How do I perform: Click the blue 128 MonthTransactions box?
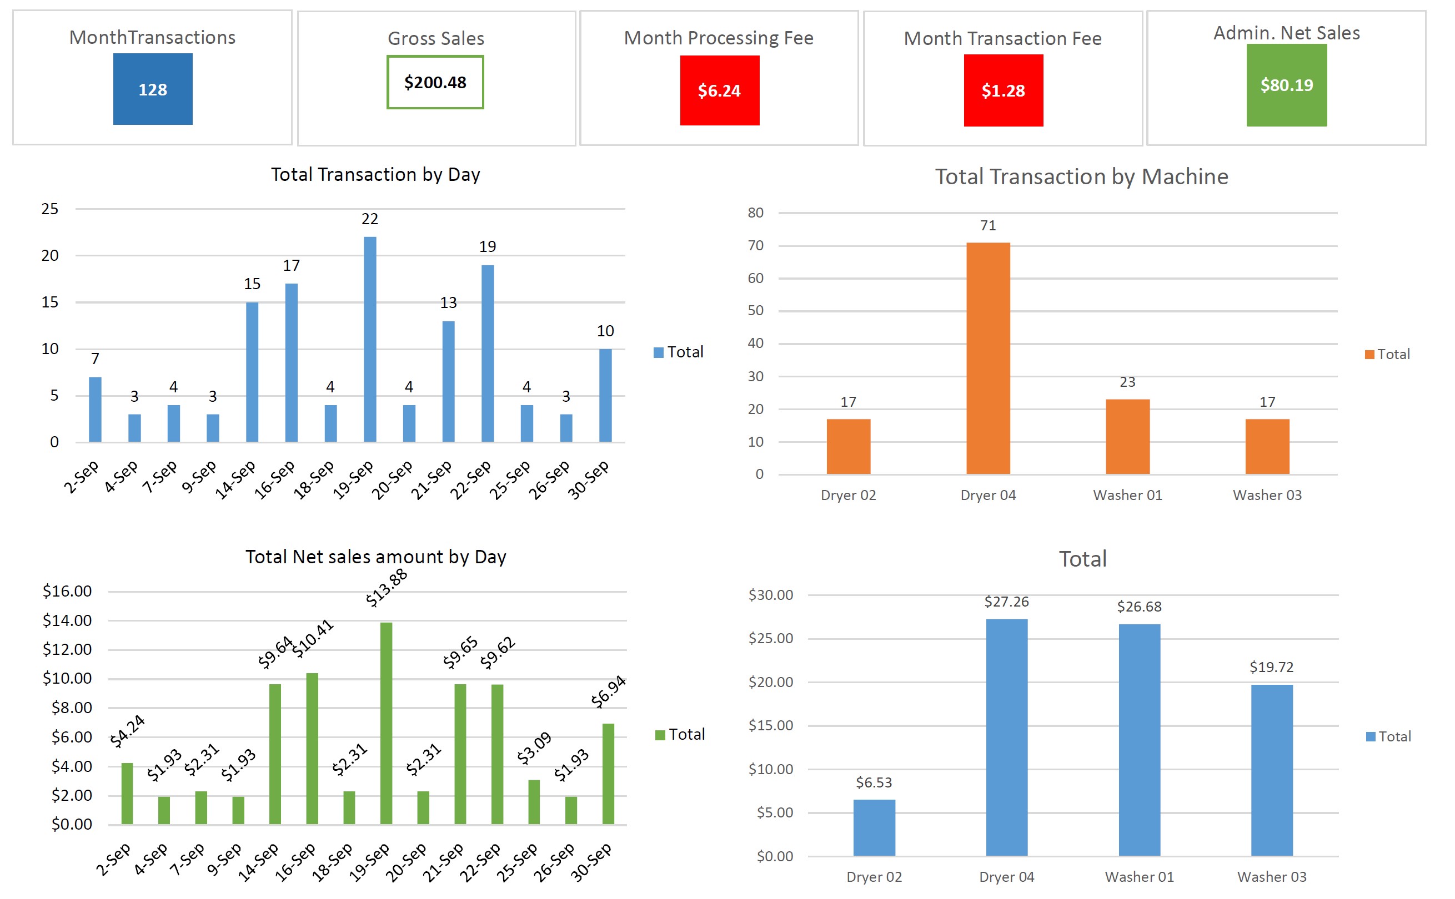[x=153, y=89]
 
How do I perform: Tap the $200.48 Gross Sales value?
[x=435, y=83]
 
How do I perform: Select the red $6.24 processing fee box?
[x=719, y=90]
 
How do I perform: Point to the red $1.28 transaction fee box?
[x=1003, y=90]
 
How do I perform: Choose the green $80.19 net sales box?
[x=1286, y=85]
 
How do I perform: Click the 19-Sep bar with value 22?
[x=369, y=339]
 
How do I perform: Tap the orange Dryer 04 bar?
[x=987, y=358]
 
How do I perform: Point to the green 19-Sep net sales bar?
[x=386, y=723]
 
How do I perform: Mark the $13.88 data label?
[x=386, y=588]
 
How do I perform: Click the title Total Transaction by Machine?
[x=1081, y=176]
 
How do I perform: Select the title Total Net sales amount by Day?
[x=375, y=557]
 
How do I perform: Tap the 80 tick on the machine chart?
[x=755, y=212]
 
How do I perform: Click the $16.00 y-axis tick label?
[x=67, y=591]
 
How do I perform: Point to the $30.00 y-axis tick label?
[x=770, y=594]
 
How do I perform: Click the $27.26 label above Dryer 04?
[x=1006, y=602]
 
